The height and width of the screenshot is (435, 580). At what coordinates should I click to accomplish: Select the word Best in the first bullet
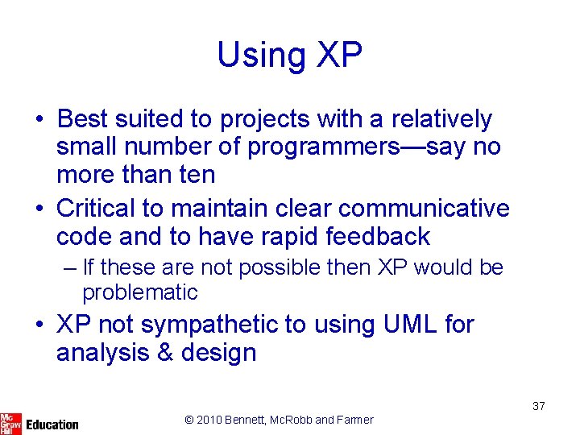click(x=84, y=119)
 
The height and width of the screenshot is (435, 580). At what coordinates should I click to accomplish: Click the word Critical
click(x=95, y=209)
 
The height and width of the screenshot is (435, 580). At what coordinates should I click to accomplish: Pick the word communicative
click(x=424, y=209)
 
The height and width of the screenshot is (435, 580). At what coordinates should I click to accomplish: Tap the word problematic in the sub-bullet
click(x=139, y=292)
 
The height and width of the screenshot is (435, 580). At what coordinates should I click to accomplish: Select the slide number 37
click(x=538, y=406)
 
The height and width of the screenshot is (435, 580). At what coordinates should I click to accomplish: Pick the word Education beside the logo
click(x=52, y=424)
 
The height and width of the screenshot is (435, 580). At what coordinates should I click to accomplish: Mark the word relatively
click(x=441, y=119)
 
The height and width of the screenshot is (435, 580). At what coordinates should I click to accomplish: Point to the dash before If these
click(x=71, y=267)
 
